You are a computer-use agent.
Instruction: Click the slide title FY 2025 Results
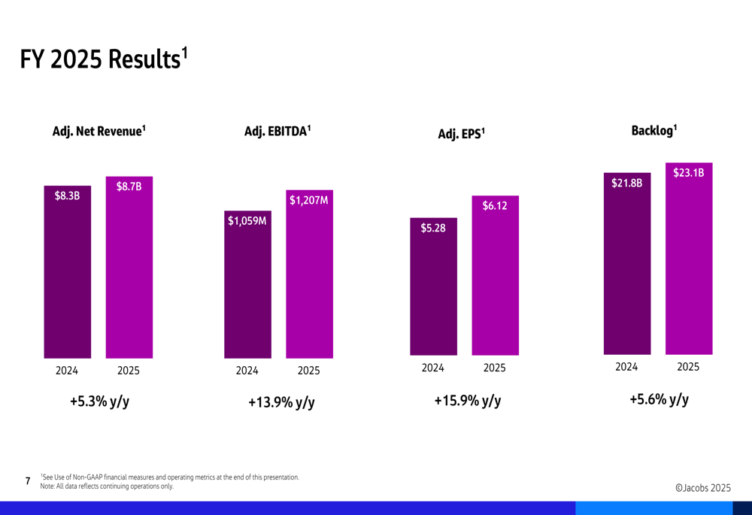103,59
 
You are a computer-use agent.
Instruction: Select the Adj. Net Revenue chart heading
99,131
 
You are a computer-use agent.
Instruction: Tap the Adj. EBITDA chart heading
277,131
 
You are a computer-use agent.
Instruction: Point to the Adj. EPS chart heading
462,134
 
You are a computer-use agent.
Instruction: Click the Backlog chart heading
654,131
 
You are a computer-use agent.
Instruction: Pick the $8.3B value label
67,196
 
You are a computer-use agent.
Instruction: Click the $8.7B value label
129,186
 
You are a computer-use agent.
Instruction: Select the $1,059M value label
247,221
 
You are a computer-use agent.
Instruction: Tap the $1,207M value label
308,200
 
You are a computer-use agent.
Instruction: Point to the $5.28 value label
433,228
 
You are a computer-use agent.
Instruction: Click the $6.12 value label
495,205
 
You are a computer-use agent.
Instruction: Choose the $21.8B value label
626,183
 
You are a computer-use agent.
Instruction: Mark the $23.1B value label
688,173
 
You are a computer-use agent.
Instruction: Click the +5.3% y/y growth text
99,401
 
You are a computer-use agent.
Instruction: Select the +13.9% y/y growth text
281,403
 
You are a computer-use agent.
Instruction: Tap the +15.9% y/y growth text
467,401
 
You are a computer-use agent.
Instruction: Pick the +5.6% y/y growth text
659,399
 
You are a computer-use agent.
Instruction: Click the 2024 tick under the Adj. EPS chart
432,368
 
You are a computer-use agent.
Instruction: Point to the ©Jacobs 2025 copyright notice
703,488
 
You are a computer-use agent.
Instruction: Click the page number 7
28,481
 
